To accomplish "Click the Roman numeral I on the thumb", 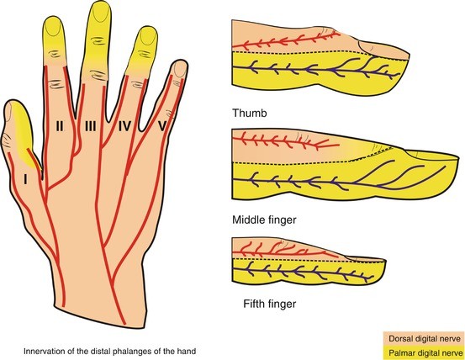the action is point(26,179).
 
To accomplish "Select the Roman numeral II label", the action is point(60,127).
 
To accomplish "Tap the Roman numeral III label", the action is point(91,127).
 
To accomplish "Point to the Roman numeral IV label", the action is point(124,127).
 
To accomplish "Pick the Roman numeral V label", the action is point(162,127).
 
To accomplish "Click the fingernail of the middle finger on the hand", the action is point(102,13).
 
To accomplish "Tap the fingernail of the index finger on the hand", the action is point(54,27).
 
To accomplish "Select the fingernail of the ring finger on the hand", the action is point(149,36).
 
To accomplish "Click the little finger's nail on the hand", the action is point(180,68).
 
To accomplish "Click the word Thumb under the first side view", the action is point(250,113).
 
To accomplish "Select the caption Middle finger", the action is point(264,220).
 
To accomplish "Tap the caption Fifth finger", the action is point(270,304).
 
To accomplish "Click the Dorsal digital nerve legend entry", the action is point(425,339).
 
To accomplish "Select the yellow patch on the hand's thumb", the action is point(24,135).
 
